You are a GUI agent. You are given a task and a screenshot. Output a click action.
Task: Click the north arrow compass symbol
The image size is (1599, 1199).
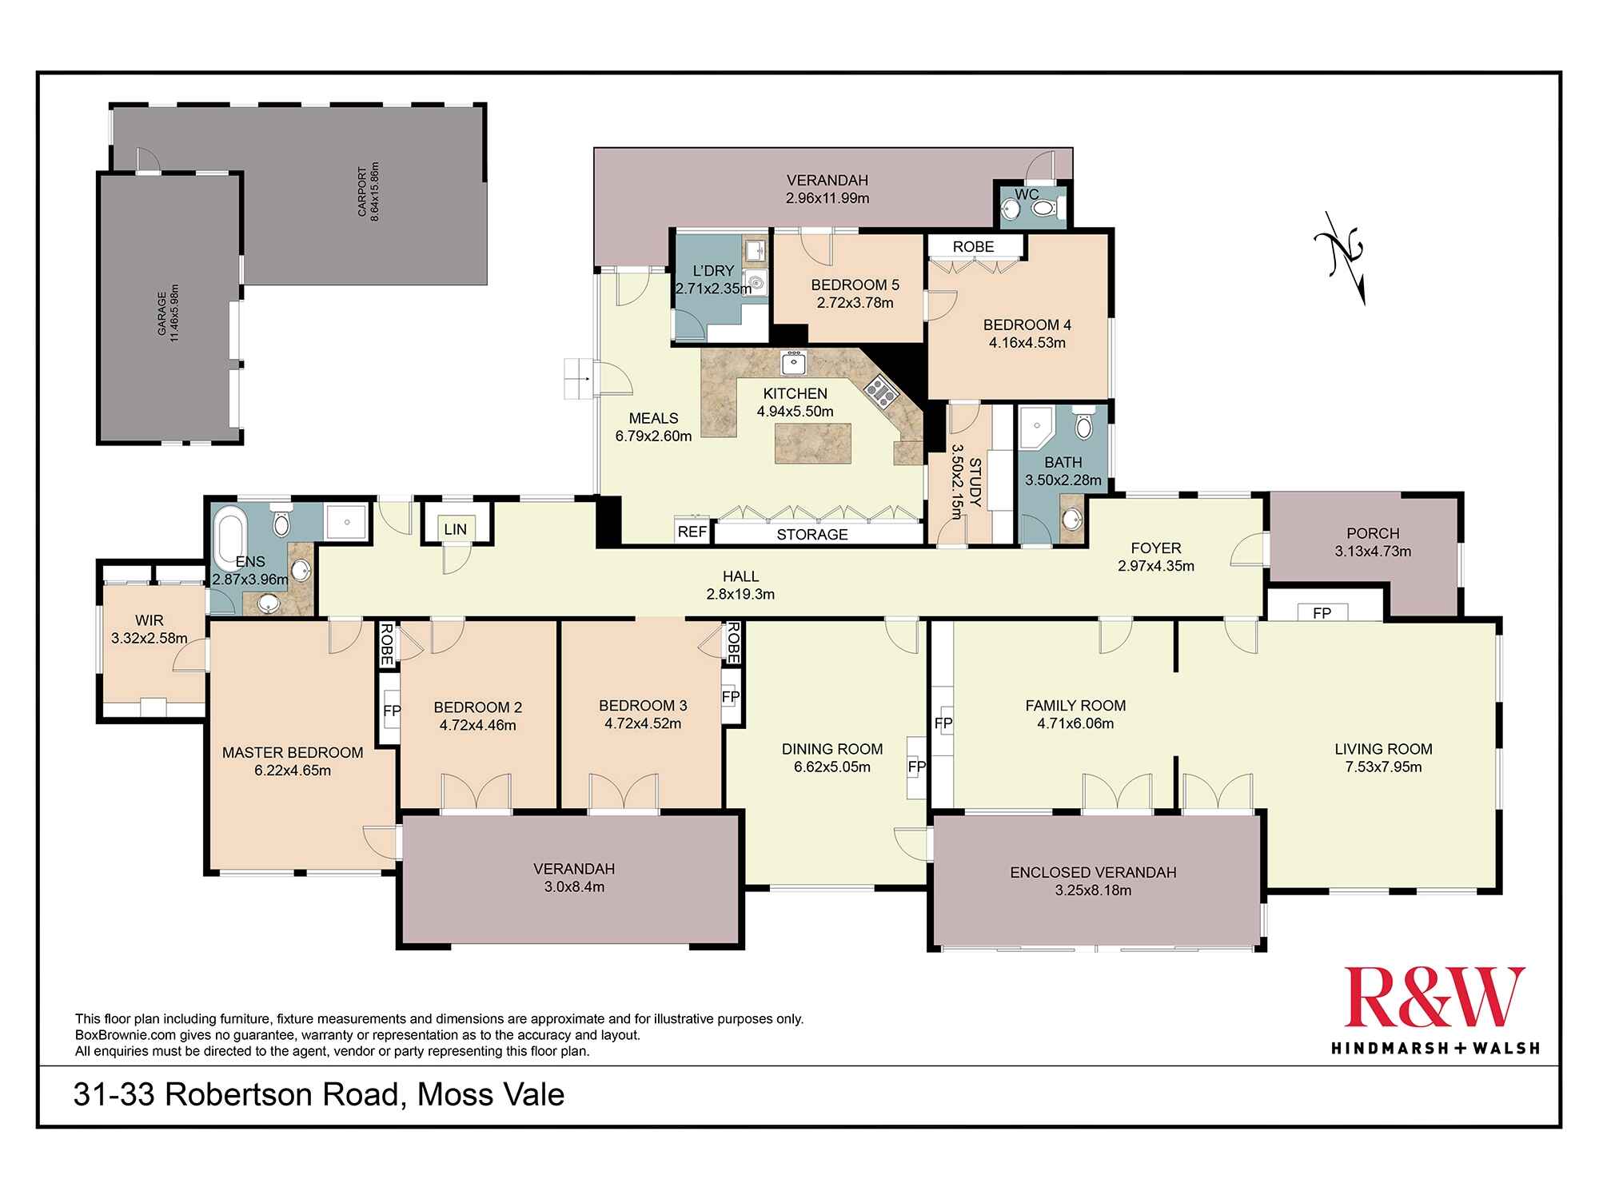(1342, 257)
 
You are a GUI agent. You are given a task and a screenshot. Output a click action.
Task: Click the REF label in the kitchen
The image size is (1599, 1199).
(692, 532)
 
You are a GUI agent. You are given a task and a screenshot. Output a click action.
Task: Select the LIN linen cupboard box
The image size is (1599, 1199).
(456, 528)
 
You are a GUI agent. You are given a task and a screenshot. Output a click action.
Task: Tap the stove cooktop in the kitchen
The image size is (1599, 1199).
(880, 392)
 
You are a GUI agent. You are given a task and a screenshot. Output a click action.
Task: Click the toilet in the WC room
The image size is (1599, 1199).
(1044, 209)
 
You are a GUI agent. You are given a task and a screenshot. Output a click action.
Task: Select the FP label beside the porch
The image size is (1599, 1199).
(1322, 613)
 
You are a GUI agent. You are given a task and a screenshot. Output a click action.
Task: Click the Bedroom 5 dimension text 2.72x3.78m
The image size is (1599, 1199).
(855, 303)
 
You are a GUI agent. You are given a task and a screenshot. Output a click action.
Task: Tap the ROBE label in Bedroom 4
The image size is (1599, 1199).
(973, 247)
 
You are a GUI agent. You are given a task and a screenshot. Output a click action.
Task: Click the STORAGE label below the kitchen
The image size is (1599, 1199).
(811, 534)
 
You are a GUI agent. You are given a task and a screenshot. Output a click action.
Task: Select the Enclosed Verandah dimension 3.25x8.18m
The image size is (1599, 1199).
(1093, 890)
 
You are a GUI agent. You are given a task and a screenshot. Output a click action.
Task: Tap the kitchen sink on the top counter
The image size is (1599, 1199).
(792, 364)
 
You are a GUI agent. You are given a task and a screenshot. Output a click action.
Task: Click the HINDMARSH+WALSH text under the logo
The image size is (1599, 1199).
(1434, 1047)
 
